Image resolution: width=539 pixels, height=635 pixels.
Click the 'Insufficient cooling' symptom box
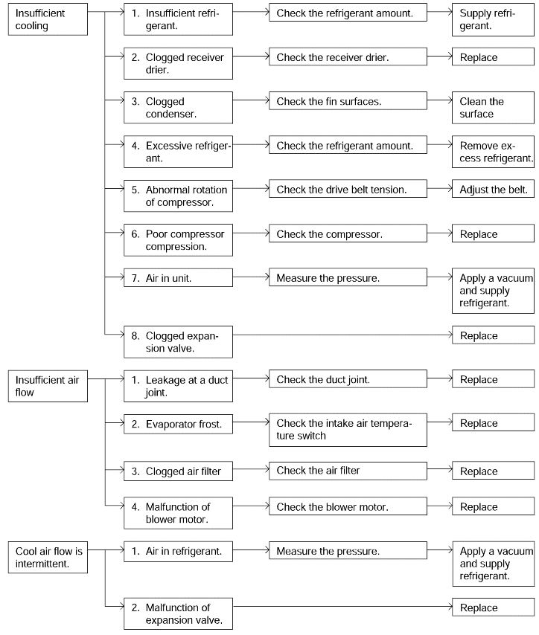pos(48,19)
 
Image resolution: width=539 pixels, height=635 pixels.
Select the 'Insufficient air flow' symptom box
pos(48,386)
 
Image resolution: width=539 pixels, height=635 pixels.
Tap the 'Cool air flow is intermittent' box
pos(48,557)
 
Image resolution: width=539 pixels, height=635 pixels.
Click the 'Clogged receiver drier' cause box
pos(178,63)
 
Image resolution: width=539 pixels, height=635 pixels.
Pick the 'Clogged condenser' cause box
pos(178,107)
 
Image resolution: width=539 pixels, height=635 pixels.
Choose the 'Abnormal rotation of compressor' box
pos(178,196)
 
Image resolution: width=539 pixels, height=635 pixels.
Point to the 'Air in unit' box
pos(178,278)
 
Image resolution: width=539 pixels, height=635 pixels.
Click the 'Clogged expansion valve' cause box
pos(178,342)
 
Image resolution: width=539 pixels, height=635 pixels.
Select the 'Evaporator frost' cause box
pos(178,424)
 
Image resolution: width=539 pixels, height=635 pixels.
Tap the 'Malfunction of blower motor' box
pos(178,513)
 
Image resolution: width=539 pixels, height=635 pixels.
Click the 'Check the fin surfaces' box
pos(348,101)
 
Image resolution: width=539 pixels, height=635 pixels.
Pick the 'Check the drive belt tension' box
pos(348,189)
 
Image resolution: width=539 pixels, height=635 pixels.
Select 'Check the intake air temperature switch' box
pos(348,430)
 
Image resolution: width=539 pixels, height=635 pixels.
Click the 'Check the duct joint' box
pos(348,379)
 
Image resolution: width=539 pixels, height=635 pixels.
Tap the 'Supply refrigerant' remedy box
pos(493,19)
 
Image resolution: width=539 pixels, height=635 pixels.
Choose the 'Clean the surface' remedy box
pos(493,107)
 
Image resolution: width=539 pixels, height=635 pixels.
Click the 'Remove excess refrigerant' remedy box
pos(493,152)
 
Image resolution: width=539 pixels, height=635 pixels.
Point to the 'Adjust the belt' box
pos(493,189)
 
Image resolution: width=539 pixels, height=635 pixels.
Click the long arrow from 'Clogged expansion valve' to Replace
pos(342,335)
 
